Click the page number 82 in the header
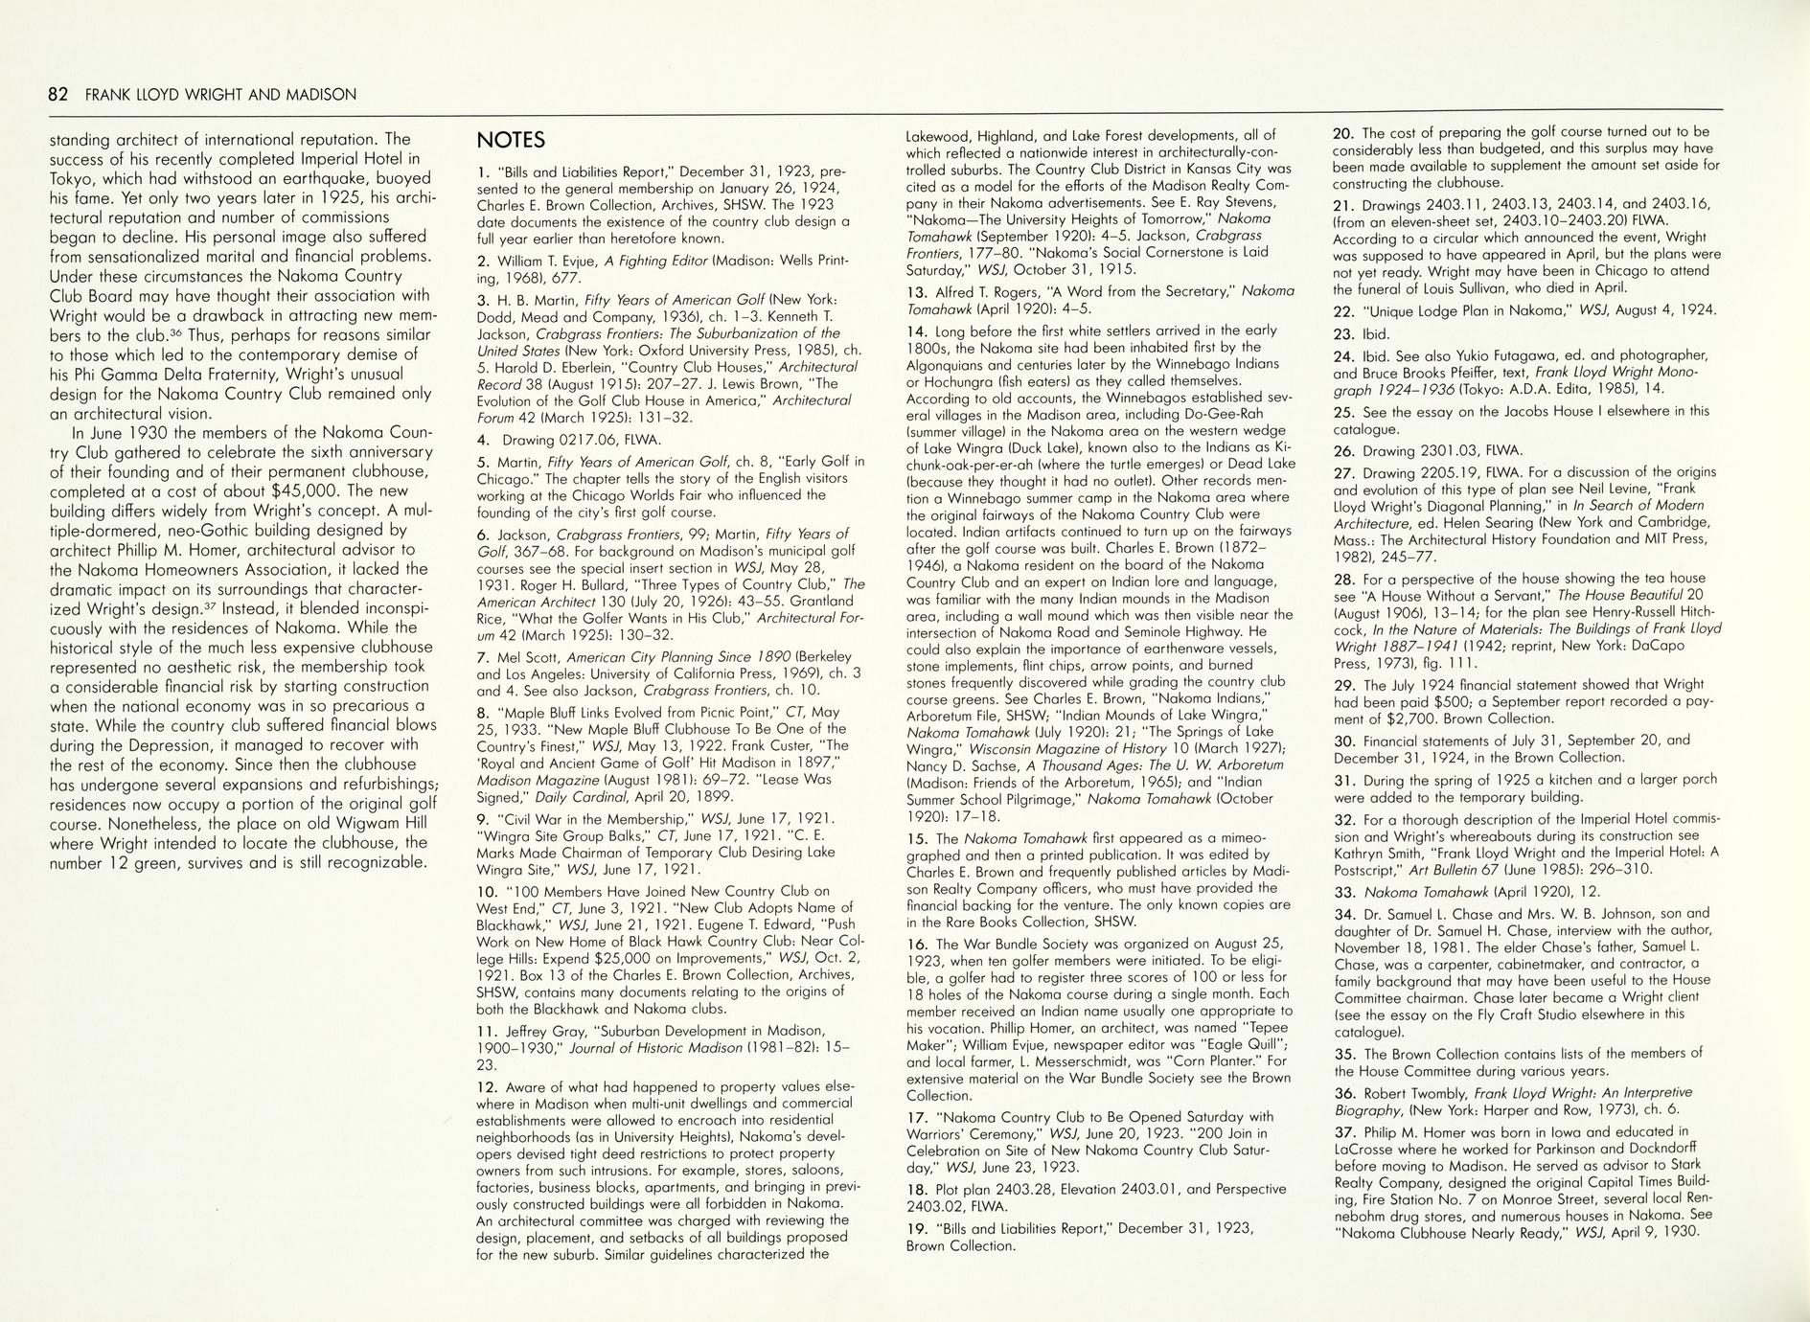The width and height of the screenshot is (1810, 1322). coord(58,95)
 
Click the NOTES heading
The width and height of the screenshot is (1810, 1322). coord(511,141)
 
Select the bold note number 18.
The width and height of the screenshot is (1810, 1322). coord(916,1189)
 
